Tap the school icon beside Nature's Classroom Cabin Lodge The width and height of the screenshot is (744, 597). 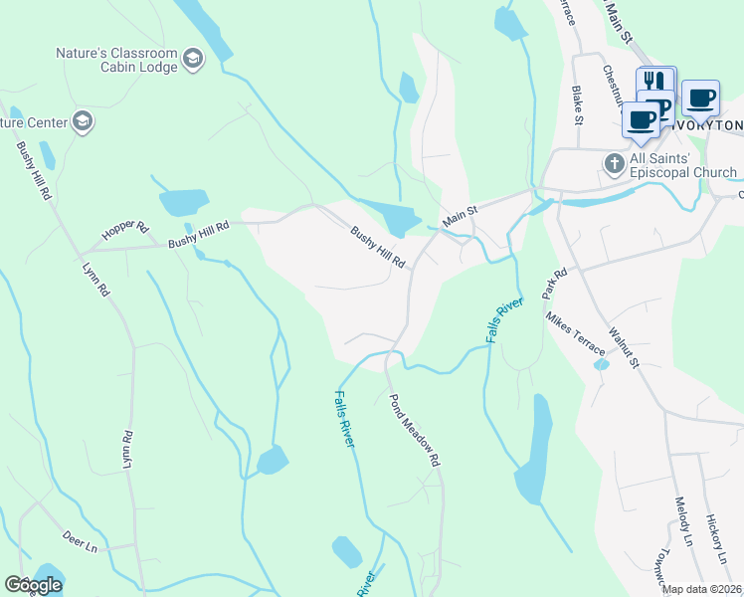point(193,61)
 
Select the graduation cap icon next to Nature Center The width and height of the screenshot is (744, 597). point(83,121)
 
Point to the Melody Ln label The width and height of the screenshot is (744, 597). point(682,522)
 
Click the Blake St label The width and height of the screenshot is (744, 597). point(576,102)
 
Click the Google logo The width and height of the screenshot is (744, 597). point(33,584)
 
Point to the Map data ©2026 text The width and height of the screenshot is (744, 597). point(702,589)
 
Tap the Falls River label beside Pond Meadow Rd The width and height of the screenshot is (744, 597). point(344,418)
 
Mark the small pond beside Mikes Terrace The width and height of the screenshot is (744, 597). point(601,364)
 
